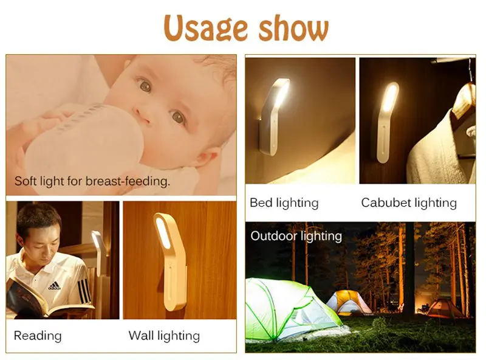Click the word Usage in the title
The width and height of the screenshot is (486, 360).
pyautogui.click(x=205, y=29)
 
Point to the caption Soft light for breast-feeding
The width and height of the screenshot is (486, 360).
pyautogui.click(x=92, y=181)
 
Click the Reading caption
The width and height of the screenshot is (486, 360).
pyautogui.click(x=38, y=336)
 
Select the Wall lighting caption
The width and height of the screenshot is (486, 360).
pyautogui.click(x=164, y=336)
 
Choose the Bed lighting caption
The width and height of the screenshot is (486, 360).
pyautogui.click(x=284, y=203)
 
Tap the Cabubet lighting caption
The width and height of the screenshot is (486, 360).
pyautogui.click(x=409, y=203)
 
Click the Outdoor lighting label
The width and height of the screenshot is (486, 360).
pyautogui.click(x=296, y=237)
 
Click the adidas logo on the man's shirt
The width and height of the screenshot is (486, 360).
pyautogui.click(x=54, y=286)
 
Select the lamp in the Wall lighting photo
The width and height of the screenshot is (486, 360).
pyautogui.click(x=172, y=261)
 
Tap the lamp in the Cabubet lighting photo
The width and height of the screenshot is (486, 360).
pyautogui.click(x=387, y=122)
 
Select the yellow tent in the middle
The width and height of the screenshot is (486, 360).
pyautogui.click(x=349, y=302)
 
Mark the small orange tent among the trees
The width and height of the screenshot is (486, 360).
pyautogui.click(x=444, y=307)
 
